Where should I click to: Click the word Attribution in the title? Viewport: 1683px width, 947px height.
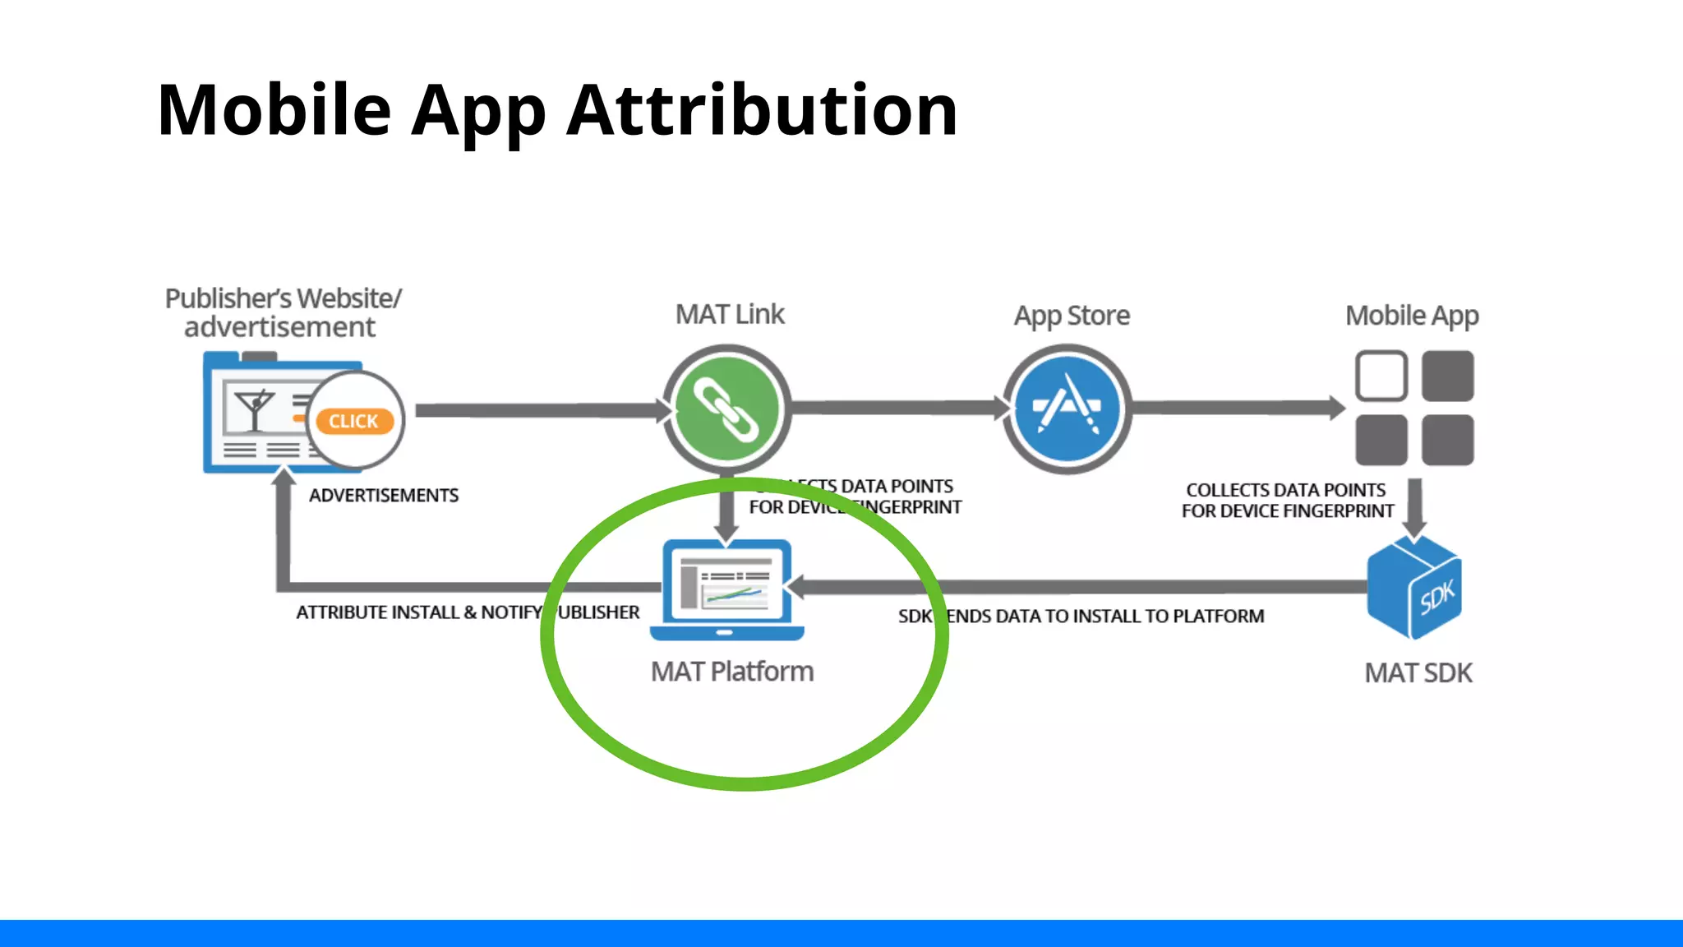762,110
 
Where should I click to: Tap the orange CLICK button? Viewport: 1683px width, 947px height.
354,421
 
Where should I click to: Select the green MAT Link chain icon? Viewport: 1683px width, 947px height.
726,409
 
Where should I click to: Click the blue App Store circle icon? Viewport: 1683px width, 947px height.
1067,409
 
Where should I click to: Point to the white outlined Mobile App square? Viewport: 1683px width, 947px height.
1381,376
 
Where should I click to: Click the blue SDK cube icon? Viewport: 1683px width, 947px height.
1414,587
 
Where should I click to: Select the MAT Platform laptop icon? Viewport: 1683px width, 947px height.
726,589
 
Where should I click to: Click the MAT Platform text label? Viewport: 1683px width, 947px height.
731,672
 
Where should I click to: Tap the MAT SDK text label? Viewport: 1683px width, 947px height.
1418,673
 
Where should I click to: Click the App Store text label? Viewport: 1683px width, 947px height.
1071,316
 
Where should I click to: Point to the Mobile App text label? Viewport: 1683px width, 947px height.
1411,316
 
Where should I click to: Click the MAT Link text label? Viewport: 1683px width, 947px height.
730,314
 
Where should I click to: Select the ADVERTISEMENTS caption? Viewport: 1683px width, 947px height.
384,496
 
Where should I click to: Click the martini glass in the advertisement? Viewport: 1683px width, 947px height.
254,409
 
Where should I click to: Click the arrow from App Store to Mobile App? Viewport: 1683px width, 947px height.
1237,408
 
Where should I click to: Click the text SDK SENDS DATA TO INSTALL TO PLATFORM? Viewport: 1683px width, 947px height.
1081,617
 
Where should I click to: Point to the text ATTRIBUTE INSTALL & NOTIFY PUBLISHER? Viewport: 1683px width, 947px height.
467,612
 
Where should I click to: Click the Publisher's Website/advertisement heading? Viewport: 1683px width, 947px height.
283,312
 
